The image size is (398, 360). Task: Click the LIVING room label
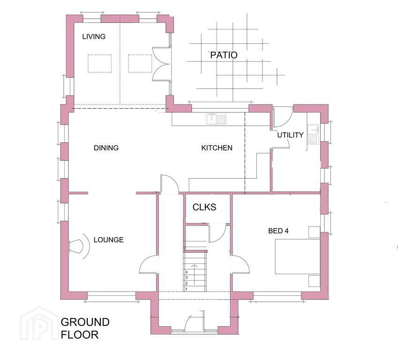pos(94,37)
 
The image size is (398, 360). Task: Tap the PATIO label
pos(224,55)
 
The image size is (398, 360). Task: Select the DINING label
pos(106,148)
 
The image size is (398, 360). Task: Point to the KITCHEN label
pos(217,148)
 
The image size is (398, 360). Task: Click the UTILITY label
pos(290,135)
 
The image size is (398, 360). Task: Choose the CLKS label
pos(204,207)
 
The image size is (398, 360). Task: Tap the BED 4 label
pos(278,231)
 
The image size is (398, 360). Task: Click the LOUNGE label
pos(108,240)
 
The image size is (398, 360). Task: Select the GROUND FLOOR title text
pos(85,328)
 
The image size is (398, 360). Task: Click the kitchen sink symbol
pos(216,119)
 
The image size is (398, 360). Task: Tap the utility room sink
pos(314,135)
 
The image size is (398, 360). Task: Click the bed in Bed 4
pos(298,256)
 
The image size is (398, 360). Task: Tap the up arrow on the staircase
pos(195,275)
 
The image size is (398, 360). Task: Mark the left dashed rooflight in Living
pos(100,63)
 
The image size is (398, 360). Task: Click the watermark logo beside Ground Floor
pos(39,324)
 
